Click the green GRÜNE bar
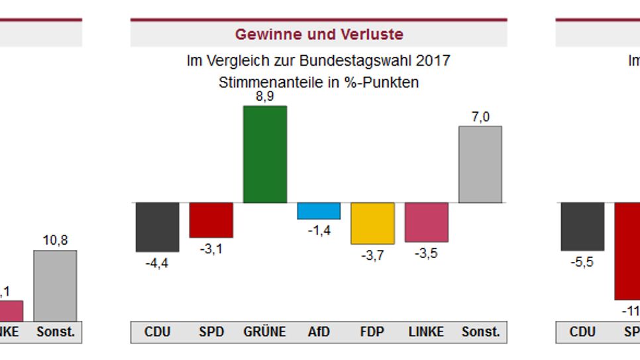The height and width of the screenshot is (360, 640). pyautogui.click(x=265, y=154)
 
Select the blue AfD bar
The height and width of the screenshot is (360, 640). pyautogui.click(x=319, y=211)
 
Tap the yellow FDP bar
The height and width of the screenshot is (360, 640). pyautogui.click(x=372, y=223)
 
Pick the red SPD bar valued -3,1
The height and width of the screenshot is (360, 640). pyautogui.click(x=211, y=219)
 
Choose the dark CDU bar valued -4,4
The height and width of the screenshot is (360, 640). pyautogui.click(x=158, y=227)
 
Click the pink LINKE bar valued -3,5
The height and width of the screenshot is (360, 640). pyautogui.click(x=427, y=222)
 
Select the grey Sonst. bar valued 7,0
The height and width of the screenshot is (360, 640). pyautogui.click(x=480, y=164)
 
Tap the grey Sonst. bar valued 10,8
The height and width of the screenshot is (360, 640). pyautogui.click(x=55, y=286)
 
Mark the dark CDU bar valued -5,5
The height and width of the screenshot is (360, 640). pyautogui.click(x=582, y=226)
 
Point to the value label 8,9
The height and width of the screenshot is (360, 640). pyautogui.click(x=265, y=97)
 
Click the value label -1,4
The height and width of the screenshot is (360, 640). pyautogui.click(x=319, y=231)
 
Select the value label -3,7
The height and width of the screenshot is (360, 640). pyautogui.click(x=372, y=255)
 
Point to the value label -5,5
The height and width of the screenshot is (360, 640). pyautogui.click(x=582, y=262)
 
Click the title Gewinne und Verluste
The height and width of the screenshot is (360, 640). pyautogui.click(x=319, y=34)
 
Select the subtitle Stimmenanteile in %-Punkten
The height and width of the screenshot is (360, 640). pyautogui.click(x=319, y=83)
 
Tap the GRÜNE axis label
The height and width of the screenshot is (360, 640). pyautogui.click(x=265, y=331)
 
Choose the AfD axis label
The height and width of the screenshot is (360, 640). pyautogui.click(x=319, y=331)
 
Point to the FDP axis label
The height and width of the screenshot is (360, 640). pyautogui.click(x=372, y=331)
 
